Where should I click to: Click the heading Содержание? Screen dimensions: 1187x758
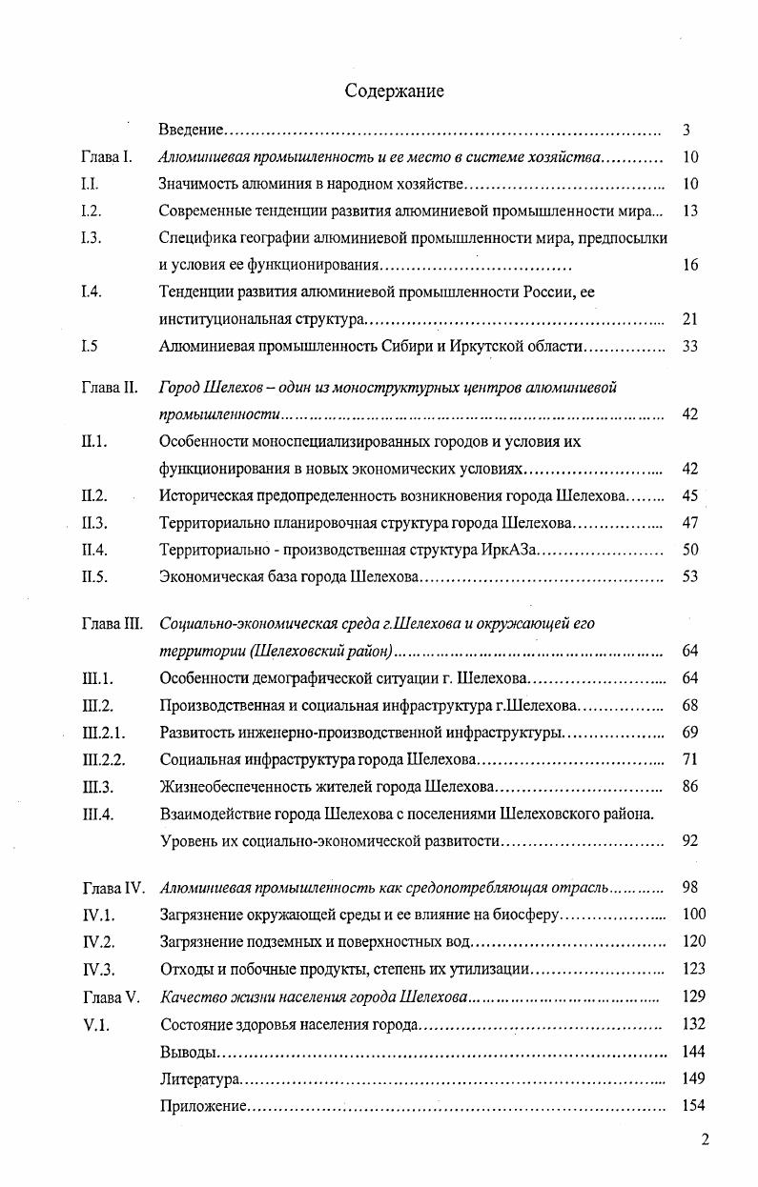click(394, 91)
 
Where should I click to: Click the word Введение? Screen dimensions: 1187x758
click(191, 129)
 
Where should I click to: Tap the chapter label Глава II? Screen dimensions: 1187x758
click(110, 388)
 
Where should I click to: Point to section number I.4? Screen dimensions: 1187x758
click(92, 292)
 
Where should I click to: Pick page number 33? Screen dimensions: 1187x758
click(690, 346)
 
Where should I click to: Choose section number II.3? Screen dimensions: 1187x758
click(94, 523)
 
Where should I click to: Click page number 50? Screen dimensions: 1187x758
click(690, 550)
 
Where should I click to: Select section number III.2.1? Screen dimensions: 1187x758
click(104, 733)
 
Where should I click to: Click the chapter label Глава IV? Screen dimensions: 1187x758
click(113, 888)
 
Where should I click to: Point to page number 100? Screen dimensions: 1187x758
click(694, 915)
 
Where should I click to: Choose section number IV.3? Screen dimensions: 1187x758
click(98, 969)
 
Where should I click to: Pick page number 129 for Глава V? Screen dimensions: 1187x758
click(694, 996)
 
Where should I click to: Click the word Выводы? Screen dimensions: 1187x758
click(186, 1052)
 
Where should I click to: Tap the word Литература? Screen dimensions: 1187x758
click(198, 1079)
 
